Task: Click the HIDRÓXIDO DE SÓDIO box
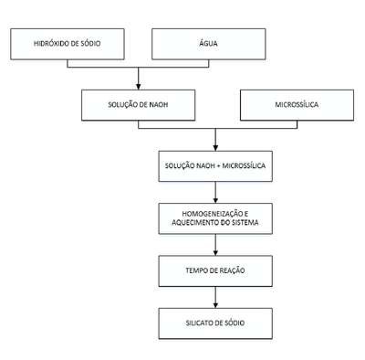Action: point(68,44)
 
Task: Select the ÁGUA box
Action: point(209,44)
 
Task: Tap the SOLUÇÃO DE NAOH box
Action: point(138,105)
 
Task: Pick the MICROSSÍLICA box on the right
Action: point(297,105)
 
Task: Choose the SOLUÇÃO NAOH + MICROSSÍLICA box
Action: point(215,166)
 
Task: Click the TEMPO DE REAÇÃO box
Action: point(215,270)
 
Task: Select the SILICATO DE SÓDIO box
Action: point(215,323)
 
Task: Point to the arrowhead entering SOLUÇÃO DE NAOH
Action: point(139,87)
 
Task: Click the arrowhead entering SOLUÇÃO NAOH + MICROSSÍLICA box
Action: point(215,148)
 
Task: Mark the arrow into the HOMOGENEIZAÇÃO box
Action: point(215,193)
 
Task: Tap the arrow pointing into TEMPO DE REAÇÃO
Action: point(215,245)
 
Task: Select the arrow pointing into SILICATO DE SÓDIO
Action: point(215,297)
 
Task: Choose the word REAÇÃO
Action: point(232,270)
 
